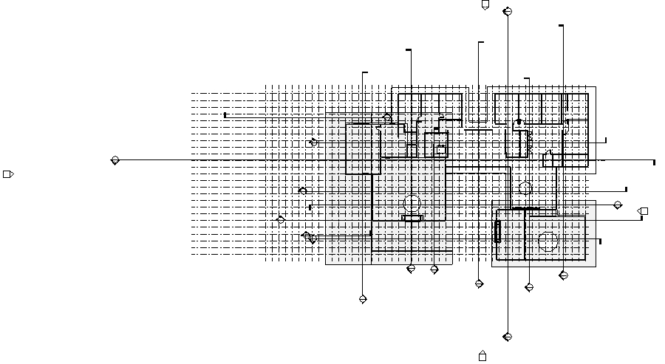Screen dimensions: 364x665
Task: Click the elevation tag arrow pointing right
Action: [x=8, y=174]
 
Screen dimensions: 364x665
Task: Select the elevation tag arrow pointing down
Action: [x=485, y=5]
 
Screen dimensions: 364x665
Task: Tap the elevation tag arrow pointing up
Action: [x=482, y=356]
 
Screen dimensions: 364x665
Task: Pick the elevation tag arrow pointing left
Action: [x=643, y=211]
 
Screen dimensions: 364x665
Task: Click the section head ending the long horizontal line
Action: [x=115, y=160]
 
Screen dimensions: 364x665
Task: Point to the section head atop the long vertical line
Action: [x=507, y=12]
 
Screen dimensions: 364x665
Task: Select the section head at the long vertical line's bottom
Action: [x=507, y=337]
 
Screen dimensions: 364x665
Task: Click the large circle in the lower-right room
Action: [x=548, y=241]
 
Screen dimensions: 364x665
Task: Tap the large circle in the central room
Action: [x=412, y=204]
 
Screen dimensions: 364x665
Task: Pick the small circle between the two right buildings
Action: [x=525, y=188]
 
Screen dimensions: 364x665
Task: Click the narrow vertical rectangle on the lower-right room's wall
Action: [x=498, y=231]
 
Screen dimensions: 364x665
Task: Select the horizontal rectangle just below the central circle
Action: [x=412, y=218]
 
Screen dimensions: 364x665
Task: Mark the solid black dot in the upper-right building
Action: [x=519, y=122]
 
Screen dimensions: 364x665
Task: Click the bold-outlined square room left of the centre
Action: [x=363, y=148]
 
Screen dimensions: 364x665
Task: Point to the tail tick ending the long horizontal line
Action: [x=654, y=162]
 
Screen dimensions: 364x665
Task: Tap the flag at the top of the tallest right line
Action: [x=561, y=26]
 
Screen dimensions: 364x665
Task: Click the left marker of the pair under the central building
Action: [x=411, y=269]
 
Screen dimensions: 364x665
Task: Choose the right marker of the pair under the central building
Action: [x=434, y=269]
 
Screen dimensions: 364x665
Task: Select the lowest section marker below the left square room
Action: [x=363, y=299]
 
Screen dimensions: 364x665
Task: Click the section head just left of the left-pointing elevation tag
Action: [x=618, y=205]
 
